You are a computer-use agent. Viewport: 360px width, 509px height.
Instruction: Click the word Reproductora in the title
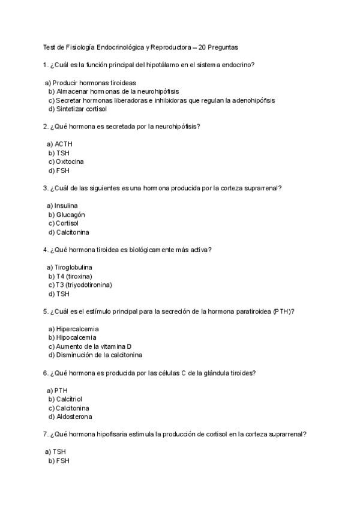click(x=172, y=47)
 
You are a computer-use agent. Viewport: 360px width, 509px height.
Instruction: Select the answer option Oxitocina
click(x=70, y=161)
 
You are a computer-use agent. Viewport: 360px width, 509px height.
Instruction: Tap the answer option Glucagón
click(x=71, y=214)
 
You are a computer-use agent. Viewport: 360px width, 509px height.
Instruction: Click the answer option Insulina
click(x=66, y=206)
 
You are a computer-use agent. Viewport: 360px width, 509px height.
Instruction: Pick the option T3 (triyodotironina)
click(x=83, y=285)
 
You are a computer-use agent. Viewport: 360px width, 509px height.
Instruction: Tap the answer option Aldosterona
click(x=74, y=417)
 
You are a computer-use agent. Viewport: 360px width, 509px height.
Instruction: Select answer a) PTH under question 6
click(x=61, y=391)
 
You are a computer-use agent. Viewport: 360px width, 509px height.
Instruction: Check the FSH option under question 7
click(x=62, y=460)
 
